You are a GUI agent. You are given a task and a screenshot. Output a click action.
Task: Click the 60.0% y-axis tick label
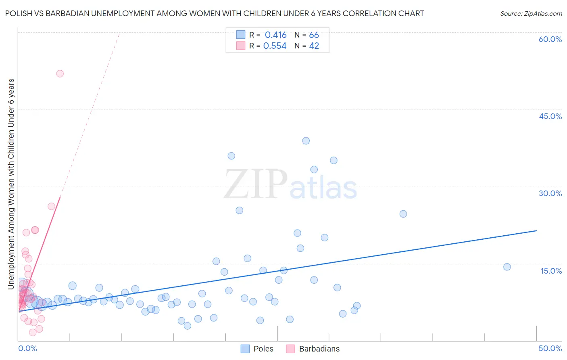[x=550, y=39]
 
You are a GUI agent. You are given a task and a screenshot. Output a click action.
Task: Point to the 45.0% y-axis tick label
[x=550, y=116]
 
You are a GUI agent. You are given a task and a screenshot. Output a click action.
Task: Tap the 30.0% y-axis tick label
[x=550, y=193]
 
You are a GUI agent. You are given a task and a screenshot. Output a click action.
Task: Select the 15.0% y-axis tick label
[x=551, y=271]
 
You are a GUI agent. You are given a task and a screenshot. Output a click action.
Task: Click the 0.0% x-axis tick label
[x=27, y=348]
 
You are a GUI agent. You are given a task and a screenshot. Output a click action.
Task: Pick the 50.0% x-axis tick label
[x=550, y=348]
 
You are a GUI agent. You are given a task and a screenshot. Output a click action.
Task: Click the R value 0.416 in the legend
[x=275, y=35]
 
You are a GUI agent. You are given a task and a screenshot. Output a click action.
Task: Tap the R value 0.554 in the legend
[x=275, y=46]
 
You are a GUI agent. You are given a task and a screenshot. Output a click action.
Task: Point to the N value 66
[x=314, y=35]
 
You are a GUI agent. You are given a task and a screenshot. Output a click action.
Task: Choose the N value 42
[x=314, y=46]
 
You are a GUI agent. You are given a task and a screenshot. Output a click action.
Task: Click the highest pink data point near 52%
[x=60, y=73]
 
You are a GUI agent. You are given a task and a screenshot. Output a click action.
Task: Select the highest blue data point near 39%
[x=306, y=141]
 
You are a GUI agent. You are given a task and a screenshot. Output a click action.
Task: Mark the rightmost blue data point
[x=507, y=267]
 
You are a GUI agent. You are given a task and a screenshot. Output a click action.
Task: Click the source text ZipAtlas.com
[x=531, y=14]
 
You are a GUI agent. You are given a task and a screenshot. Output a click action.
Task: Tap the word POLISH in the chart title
[x=19, y=13]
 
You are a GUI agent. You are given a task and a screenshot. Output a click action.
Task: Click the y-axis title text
[x=11, y=184]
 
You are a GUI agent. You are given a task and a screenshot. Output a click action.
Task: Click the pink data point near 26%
[x=51, y=206]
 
